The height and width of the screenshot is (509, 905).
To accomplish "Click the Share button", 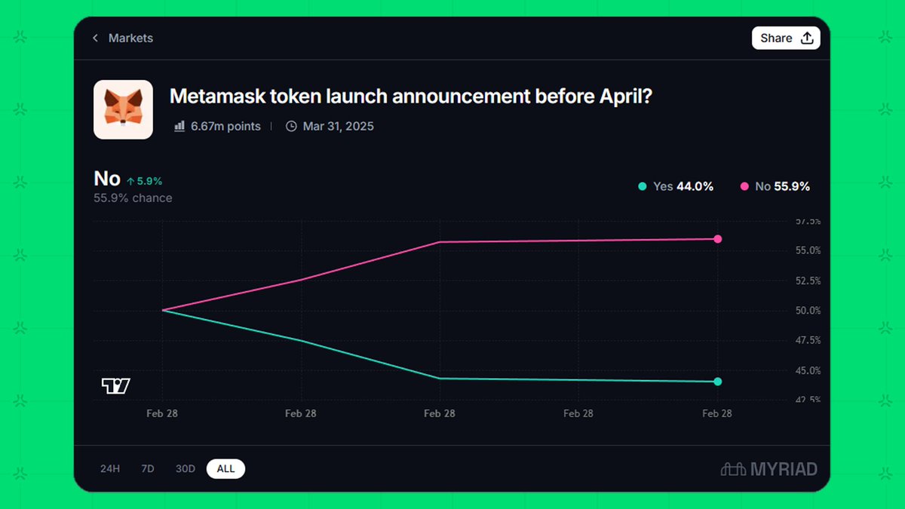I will coord(785,38).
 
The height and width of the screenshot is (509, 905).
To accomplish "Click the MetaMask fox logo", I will coord(123,109).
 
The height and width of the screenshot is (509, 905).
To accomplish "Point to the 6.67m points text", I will coord(225,127).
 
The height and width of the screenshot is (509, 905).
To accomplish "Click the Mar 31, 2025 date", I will coord(338,127).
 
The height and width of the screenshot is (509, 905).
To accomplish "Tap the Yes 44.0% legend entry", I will coord(676,186).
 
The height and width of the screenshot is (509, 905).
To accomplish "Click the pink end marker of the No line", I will coord(717,239).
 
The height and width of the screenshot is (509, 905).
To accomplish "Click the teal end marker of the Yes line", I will coord(717,382).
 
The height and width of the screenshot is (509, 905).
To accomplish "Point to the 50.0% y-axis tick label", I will coord(808,311).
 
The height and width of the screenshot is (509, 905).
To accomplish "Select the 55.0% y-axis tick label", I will coord(808,250).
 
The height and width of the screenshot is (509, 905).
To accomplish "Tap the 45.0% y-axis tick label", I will coord(808,370).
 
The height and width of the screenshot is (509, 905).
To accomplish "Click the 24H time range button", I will coord(110,469).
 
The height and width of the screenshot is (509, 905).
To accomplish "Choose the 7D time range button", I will coord(148,469).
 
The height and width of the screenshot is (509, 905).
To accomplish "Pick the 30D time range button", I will coord(186,469).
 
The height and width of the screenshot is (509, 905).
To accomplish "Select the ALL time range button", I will coord(225,469).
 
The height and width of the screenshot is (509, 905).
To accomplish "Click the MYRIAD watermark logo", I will coord(768,469).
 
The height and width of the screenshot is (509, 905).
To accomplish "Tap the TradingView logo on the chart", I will coord(116,386).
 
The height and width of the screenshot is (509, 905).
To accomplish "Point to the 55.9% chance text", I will coord(133,198).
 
